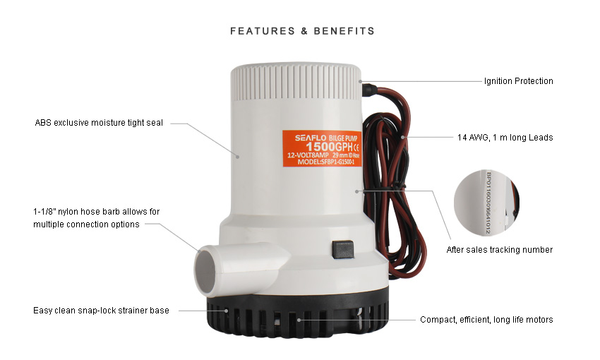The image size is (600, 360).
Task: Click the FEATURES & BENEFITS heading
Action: [x=302, y=31]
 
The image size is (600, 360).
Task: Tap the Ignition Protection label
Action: [x=519, y=81]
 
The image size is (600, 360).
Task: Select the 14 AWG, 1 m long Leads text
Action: [x=505, y=138]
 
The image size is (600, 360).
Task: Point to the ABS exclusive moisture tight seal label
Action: [x=99, y=123]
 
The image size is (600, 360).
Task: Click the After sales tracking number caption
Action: [x=499, y=250]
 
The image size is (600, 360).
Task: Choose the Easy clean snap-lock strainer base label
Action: [x=101, y=311]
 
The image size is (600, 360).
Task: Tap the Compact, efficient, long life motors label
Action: [x=486, y=320]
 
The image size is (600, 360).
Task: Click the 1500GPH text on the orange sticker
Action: [x=329, y=147]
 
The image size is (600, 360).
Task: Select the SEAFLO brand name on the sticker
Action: [x=311, y=138]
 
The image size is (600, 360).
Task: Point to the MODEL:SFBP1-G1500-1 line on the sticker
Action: [x=326, y=162]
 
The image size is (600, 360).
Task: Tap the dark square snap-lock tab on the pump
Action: [x=343, y=250]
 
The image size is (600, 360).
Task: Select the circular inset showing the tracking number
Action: [x=486, y=203]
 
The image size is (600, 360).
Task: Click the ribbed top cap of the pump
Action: [x=295, y=82]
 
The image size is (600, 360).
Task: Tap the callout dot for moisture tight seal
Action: [x=237, y=157]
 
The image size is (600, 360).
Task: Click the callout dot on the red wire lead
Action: [x=402, y=137]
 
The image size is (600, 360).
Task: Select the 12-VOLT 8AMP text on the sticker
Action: [x=308, y=155]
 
